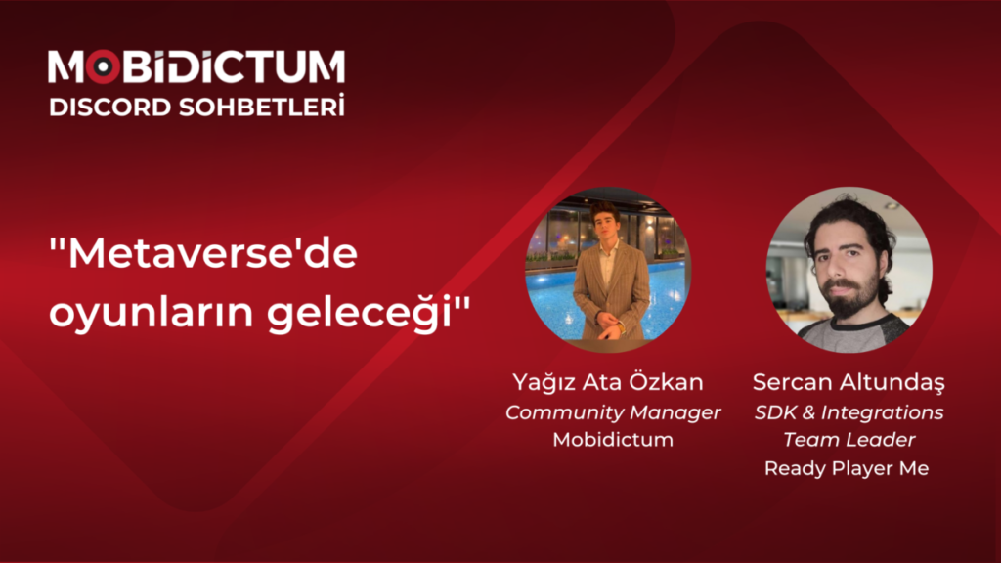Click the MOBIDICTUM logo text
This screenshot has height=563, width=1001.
(196, 66)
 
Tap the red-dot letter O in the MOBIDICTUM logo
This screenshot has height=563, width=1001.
(106, 66)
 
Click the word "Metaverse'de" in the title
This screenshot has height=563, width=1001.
(204, 257)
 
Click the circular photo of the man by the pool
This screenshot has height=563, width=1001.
(608, 270)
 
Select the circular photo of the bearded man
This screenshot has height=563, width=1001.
(849, 270)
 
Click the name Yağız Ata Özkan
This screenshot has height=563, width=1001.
(607, 381)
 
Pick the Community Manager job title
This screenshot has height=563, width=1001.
(613, 411)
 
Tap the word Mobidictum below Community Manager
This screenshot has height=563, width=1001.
(613, 440)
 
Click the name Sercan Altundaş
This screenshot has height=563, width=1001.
(849, 381)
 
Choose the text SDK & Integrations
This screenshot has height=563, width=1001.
(849, 411)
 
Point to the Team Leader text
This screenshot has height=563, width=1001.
(849, 440)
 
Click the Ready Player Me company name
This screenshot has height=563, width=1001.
(847, 469)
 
